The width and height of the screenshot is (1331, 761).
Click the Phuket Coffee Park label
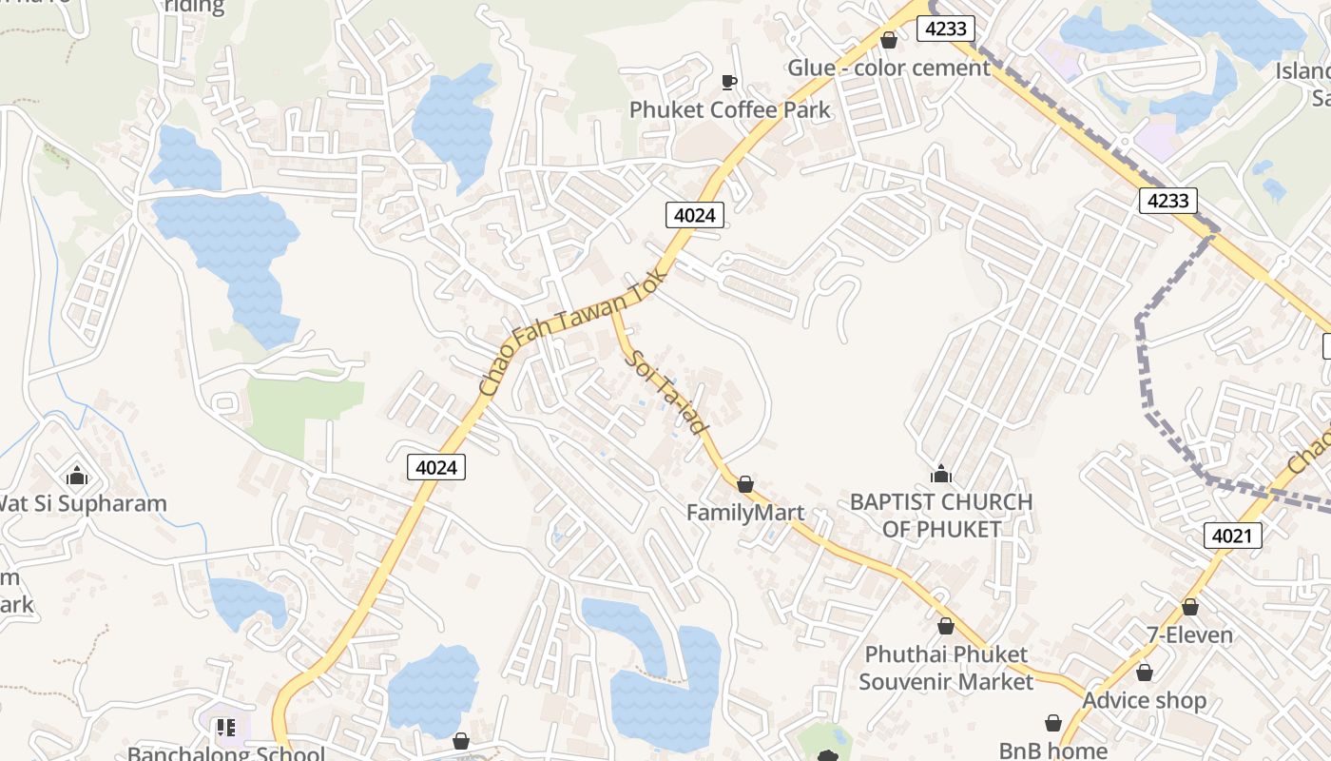(x=729, y=109)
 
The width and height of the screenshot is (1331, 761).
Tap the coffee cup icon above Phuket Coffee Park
(x=729, y=82)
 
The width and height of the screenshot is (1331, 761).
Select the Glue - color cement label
(x=888, y=68)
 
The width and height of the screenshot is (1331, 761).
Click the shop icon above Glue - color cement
(x=889, y=40)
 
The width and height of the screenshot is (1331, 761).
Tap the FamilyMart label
(x=745, y=513)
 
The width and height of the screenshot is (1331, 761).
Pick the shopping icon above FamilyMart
(x=745, y=485)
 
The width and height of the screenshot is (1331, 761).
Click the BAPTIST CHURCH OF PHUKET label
(x=941, y=515)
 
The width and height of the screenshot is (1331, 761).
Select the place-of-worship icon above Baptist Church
(x=941, y=474)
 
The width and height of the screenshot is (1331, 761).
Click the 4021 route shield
(x=1232, y=536)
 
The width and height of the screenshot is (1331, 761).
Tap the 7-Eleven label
(x=1189, y=634)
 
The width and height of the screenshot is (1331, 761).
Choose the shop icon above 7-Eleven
(x=1190, y=607)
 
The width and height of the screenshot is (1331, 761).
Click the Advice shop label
(x=1145, y=700)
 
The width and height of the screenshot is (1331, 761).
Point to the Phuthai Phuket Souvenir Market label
(x=946, y=668)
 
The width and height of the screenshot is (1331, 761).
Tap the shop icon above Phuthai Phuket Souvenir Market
(x=946, y=626)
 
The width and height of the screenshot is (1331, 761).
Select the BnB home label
(x=1053, y=751)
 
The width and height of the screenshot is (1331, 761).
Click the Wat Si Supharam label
(x=82, y=503)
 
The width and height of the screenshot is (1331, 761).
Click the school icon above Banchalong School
(x=226, y=729)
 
